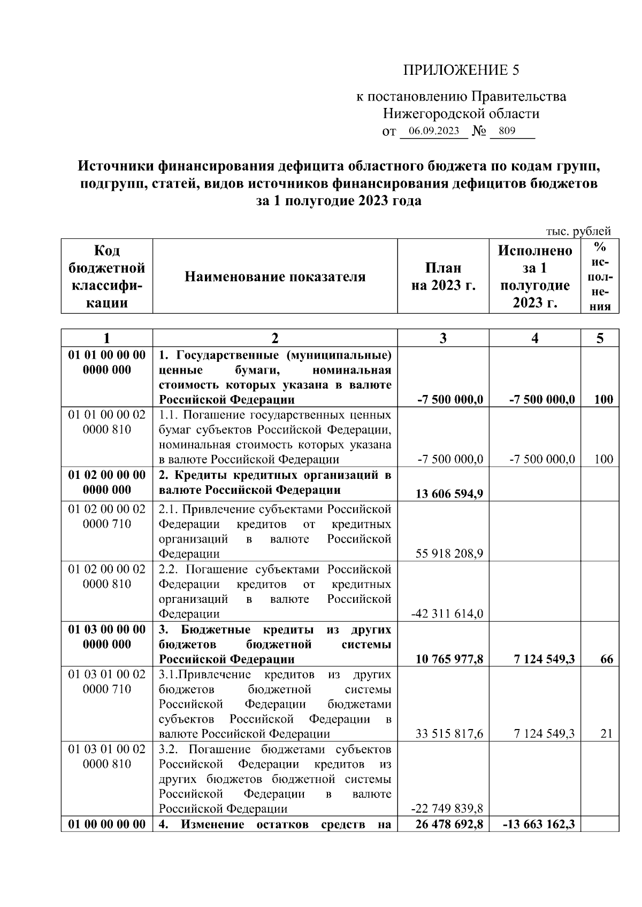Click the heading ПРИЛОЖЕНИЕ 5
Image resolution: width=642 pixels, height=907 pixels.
(461, 71)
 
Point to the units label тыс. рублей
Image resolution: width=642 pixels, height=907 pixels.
(578, 231)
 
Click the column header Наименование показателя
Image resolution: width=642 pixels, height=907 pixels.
(275, 277)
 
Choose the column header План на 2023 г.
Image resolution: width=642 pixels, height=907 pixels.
(443, 277)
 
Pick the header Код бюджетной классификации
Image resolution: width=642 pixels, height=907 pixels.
(107, 277)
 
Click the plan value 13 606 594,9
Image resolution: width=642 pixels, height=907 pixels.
(449, 493)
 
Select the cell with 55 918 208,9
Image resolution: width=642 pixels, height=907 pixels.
(449, 554)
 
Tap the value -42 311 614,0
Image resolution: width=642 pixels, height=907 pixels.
(447, 614)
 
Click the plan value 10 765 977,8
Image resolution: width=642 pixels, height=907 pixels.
(449, 659)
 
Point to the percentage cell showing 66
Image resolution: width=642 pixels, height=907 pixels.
(606, 659)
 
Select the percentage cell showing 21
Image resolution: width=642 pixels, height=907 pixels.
(606, 734)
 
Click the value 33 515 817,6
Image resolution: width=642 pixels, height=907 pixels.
(449, 734)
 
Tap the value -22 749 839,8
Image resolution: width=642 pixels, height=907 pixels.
(447, 809)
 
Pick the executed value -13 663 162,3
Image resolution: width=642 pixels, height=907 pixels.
(539, 824)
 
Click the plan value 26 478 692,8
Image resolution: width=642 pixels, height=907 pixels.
(449, 824)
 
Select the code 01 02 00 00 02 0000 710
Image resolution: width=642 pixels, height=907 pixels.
(107, 516)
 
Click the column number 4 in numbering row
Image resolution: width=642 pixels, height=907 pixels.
(535, 338)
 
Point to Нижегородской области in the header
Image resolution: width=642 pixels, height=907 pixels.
(461, 114)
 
